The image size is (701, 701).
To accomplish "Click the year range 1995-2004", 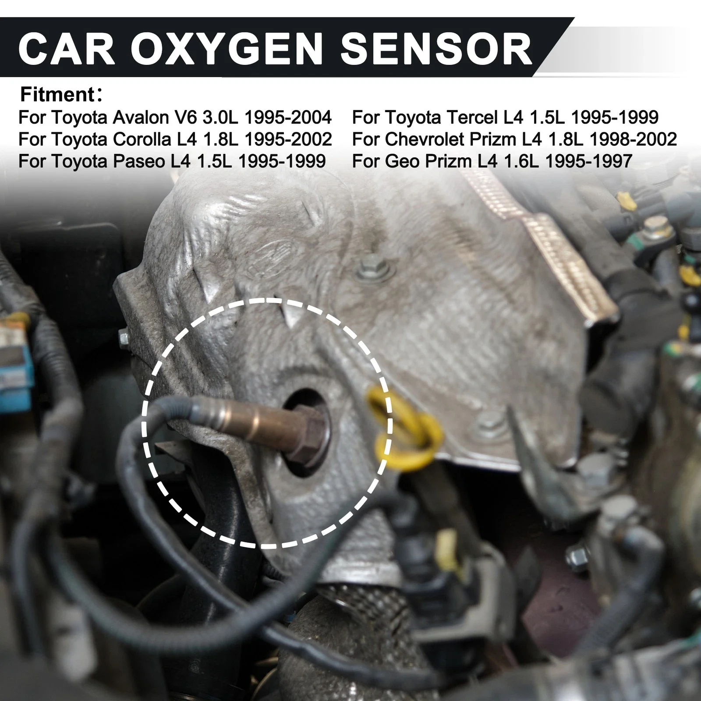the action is [288, 117].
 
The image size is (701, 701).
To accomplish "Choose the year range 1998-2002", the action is [633, 139].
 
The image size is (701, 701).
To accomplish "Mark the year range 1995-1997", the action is [589, 161].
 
